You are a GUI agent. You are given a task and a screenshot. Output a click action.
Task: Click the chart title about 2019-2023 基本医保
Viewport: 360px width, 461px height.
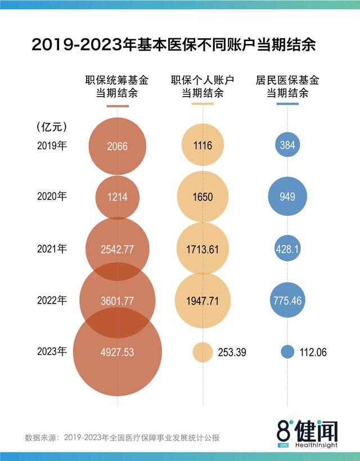173,45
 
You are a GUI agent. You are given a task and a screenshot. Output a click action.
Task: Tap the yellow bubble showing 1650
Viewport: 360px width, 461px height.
202,197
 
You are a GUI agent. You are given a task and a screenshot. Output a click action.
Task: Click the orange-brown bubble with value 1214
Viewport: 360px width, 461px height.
117,197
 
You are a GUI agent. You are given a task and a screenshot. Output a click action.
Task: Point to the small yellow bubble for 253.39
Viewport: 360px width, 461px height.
202,352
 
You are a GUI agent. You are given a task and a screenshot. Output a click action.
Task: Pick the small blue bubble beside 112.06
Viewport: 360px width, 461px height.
287,352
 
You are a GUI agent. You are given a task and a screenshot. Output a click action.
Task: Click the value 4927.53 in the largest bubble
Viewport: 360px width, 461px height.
117,352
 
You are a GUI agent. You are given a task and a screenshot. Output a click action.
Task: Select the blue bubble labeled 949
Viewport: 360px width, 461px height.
287,197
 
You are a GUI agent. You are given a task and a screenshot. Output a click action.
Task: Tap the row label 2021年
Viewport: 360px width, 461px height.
52,248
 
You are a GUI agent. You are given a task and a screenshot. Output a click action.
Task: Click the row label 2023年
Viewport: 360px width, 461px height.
52,352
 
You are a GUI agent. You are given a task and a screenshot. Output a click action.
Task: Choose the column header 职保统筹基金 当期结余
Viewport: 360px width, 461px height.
116,87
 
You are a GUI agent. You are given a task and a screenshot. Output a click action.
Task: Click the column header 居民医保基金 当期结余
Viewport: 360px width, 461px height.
287,87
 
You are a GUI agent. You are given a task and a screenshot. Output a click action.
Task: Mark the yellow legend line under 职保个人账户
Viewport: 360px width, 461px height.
202,105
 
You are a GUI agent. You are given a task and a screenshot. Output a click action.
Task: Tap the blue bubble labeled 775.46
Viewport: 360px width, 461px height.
287,301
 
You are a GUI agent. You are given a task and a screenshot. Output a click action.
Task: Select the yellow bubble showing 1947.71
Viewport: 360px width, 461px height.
202,301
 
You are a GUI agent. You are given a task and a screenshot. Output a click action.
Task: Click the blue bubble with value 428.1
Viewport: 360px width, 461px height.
287,249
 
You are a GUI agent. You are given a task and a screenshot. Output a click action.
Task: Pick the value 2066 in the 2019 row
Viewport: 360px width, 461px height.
117,146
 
